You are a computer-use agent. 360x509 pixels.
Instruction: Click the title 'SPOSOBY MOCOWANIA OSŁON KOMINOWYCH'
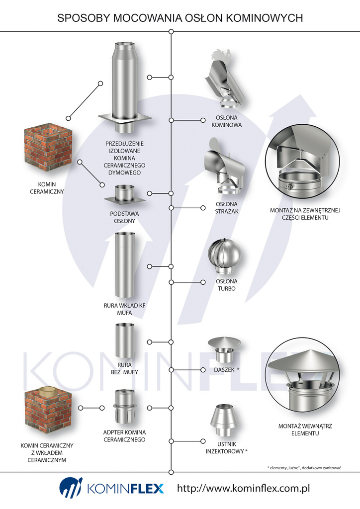point(180,18)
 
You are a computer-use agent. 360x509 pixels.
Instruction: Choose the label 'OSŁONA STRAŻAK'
point(227,207)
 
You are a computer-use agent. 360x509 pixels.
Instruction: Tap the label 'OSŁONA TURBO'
point(226,285)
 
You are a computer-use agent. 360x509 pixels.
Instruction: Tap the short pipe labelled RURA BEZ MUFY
point(124,341)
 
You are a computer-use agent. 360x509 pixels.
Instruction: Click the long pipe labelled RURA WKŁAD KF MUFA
point(124,266)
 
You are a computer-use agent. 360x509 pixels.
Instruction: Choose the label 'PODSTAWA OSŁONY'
point(124,217)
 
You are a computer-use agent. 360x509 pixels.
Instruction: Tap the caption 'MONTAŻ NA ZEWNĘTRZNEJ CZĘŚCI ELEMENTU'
point(305,214)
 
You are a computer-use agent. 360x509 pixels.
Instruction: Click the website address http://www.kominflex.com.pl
point(243,489)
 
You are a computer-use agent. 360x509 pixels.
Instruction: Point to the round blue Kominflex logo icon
point(71,488)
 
